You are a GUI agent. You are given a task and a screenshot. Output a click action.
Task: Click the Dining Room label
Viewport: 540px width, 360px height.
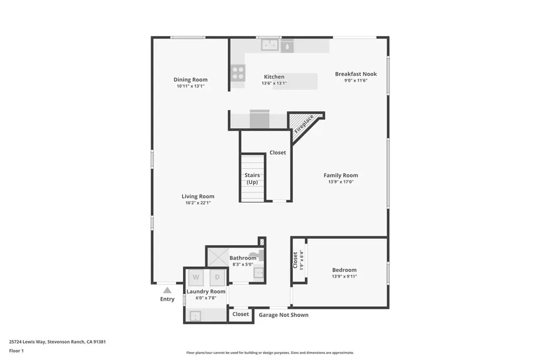click(x=190, y=80)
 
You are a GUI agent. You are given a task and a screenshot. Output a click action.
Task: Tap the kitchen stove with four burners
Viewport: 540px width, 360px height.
click(x=238, y=73)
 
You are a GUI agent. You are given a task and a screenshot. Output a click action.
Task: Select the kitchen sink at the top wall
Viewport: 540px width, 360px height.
click(x=269, y=45)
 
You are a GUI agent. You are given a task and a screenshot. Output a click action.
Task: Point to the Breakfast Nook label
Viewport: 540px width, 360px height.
click(x=356, y=74)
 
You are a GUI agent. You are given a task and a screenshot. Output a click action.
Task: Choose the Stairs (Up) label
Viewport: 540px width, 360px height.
click(x=252, y=179)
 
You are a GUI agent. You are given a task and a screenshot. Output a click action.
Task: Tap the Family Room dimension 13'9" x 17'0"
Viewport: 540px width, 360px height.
click(x=341, y=182)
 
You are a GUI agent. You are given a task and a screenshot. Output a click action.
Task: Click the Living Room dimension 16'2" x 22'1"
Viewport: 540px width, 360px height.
click(x=198, y=203)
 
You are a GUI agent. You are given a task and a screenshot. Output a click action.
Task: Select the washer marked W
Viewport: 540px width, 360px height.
click(x=196, y=277)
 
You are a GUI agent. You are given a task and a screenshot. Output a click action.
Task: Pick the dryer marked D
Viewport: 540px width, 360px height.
click(x=217, y=277)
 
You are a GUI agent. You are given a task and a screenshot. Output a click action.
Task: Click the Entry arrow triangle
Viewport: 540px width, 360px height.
click(x=167, y=290)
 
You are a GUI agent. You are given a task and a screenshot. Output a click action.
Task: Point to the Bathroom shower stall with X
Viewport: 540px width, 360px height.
click(x=218, y=257)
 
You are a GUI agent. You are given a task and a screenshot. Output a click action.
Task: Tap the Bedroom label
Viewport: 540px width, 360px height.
click(x=344, y=270)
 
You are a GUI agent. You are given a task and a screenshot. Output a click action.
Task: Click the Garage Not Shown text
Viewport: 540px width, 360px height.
click(x=283, y=315)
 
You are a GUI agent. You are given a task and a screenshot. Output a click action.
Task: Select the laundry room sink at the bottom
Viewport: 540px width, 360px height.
click(x=195, y=316)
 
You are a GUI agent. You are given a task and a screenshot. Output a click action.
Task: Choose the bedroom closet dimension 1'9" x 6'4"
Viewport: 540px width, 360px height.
click(x=302, y=260)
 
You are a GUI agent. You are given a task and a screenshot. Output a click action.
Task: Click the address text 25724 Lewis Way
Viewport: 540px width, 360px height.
click(x=27, y=342)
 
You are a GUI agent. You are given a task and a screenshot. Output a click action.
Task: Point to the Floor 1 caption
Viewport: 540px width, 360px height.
click(x=16, y=351)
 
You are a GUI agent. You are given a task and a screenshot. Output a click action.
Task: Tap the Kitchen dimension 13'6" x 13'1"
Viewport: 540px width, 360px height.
click(x=274, y=83)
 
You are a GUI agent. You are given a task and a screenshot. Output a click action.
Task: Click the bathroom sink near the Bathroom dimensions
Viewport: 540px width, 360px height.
click(x=258, y=273)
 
